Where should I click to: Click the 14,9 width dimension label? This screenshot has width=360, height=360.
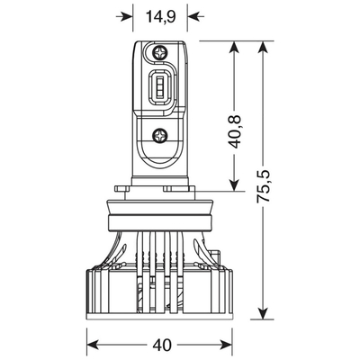tap(160, 16)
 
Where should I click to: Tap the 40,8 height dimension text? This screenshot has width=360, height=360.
tap(235, 131)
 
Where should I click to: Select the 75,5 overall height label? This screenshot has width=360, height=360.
tap(264, 186)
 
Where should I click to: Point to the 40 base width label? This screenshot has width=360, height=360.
tap(162, 346)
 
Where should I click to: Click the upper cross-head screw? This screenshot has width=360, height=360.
tap(159, 53)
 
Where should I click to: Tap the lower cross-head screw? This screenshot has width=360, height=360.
tap(159, 135)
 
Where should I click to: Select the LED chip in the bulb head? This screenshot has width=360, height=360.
tap(160, 85)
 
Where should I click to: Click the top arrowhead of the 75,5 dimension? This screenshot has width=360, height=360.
tap(263, 49)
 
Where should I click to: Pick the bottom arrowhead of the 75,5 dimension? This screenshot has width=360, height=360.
tap(263, 311)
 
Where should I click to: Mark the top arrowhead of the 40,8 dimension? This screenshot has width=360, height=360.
tap(234, 49)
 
